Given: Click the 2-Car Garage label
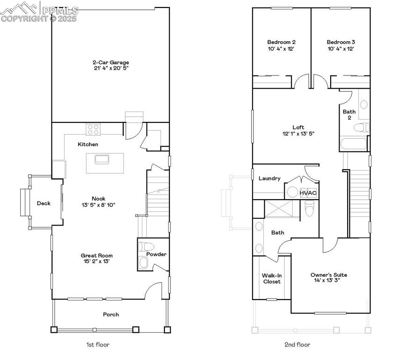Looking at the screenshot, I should point(110,62).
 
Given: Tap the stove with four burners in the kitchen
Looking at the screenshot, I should point(92,128).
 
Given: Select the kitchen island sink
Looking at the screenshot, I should point(102,159).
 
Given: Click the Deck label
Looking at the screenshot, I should point(44,203).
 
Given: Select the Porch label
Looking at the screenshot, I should point(111,315).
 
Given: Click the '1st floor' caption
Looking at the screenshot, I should point(97,345).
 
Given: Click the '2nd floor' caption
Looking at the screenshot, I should point(297,345).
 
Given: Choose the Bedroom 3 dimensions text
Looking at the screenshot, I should point(341,49).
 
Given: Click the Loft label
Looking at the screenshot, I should point(298,127).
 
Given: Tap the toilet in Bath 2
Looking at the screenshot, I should point(361,127).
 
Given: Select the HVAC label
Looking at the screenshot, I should point(309,192).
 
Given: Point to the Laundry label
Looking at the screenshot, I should point(269,178).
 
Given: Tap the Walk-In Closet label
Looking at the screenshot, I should point(272,278).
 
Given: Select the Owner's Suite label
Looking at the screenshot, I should point(329,275).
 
